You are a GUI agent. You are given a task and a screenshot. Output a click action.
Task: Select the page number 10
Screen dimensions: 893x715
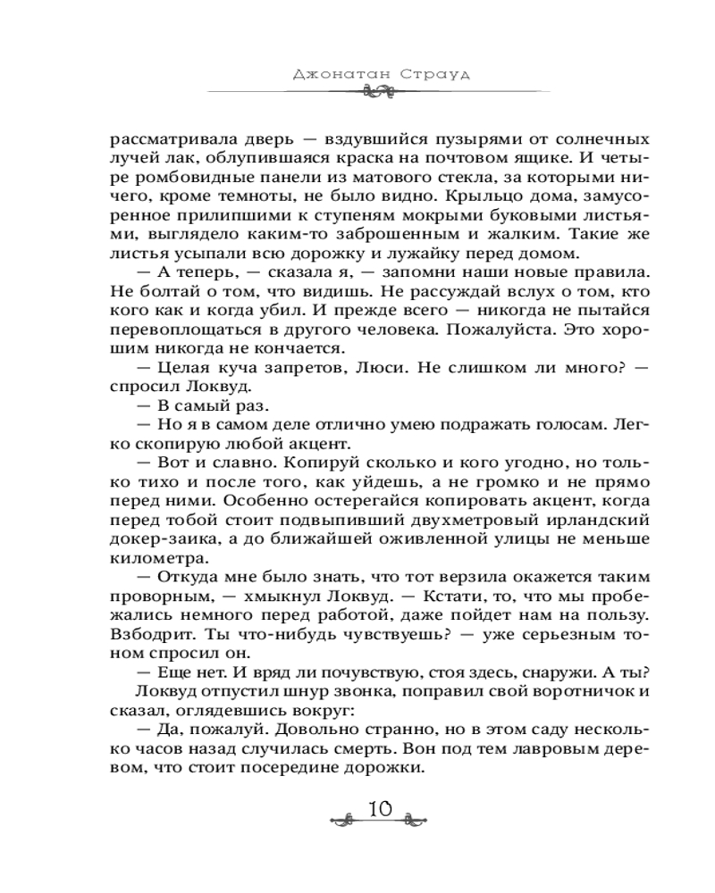click(x=380, y=810)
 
